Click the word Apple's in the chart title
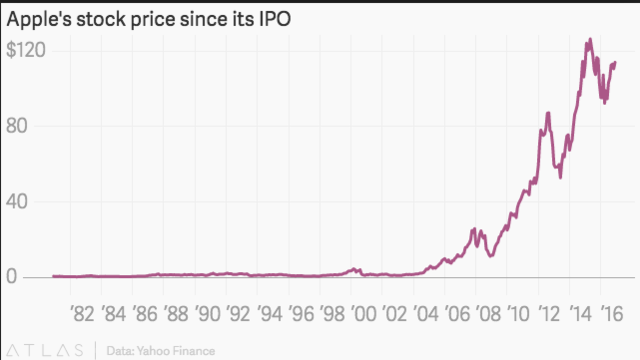[39, 19]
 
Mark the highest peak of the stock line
[589, 40]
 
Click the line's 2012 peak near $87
[547, 113]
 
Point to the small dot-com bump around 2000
[353, 268]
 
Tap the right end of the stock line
[614, 63]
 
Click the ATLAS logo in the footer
[45, 349]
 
